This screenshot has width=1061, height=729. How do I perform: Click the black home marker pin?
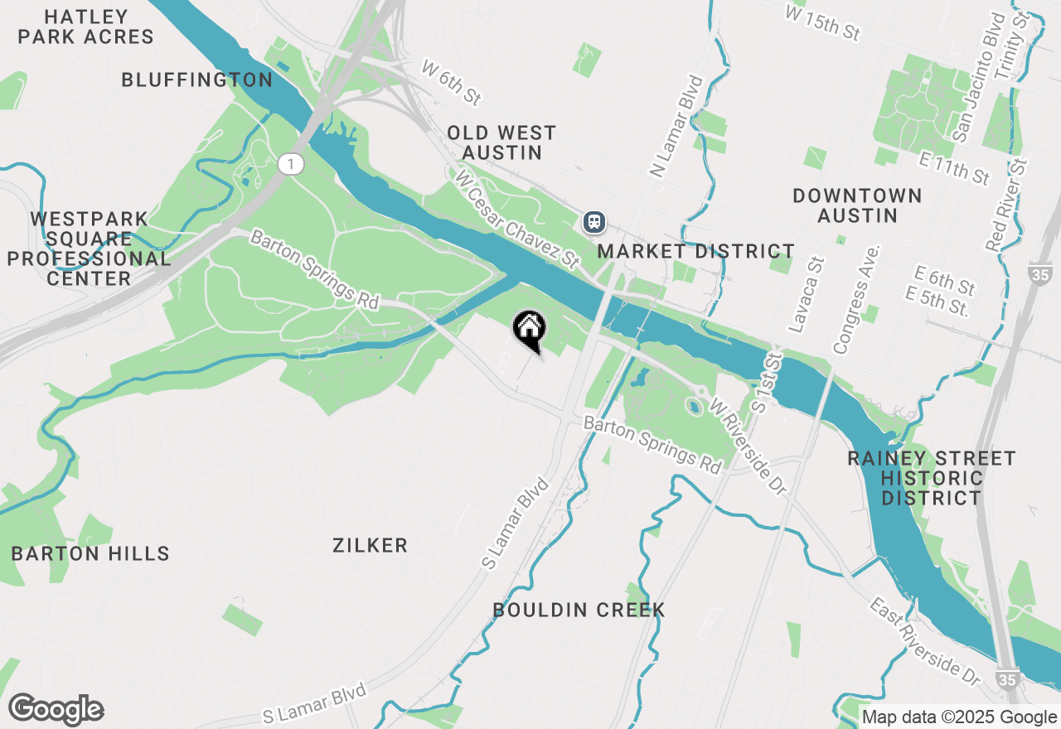[529, 329]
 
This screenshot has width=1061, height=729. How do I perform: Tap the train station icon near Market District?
[593, 221]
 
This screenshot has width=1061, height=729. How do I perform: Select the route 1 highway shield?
[289, 164]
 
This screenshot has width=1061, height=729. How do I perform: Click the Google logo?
[56, 710]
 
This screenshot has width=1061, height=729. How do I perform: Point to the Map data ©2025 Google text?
[960, 717]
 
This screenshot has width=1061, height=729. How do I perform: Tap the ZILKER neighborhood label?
[370, 545]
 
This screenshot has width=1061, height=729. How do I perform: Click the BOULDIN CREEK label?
[579, 611]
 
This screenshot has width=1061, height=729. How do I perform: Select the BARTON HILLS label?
[90, 553]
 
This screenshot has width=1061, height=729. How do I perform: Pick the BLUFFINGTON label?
[196, 80]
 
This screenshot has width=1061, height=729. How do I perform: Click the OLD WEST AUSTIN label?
[501, 142]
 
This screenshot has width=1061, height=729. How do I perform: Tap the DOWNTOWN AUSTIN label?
[857, 205]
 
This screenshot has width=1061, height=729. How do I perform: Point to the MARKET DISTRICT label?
[695, 251]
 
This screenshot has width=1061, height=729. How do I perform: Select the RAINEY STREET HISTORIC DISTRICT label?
[931, 478]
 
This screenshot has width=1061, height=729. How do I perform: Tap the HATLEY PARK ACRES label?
[86, 27]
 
